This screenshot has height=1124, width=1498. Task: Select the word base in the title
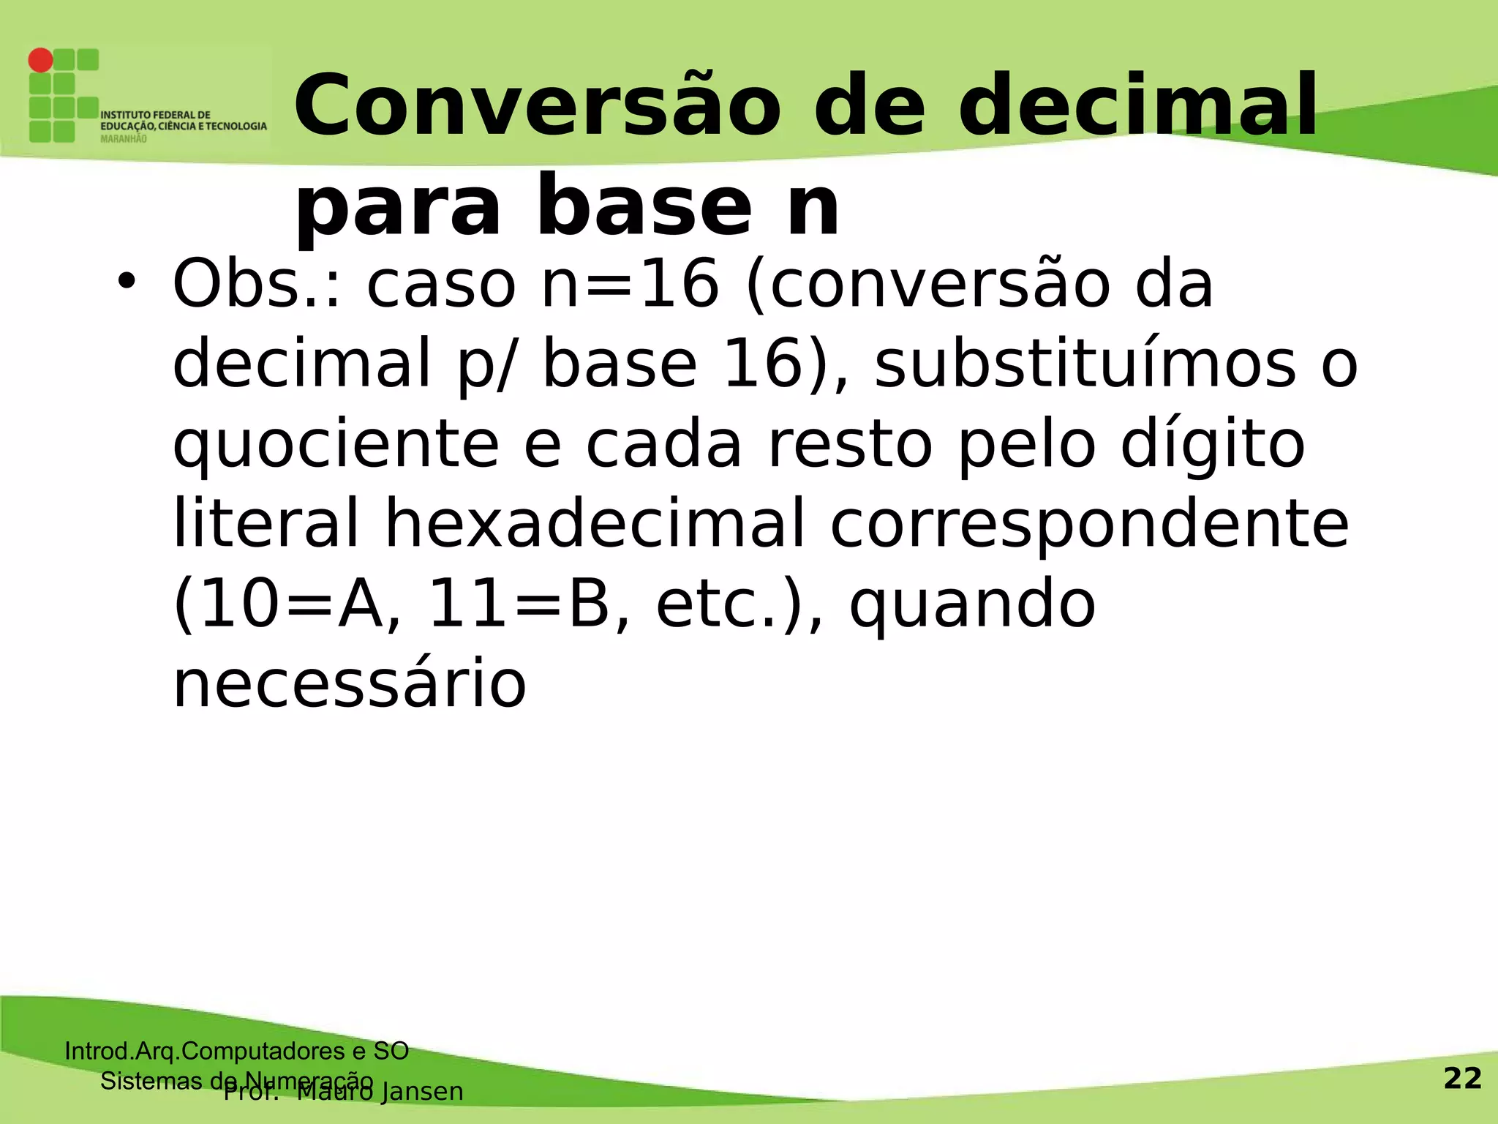(x=644, y=208)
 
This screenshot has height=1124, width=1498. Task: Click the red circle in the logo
(x=41, y=60)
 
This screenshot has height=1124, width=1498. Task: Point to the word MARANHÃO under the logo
(x=123, y=139)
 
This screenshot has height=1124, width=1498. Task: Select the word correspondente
(x=1089, y=525)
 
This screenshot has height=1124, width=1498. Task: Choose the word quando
(x=972, y=605)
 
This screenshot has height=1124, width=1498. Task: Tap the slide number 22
(x=1462, y=1079)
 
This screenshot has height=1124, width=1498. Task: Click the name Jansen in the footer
(x=422, y=1091)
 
